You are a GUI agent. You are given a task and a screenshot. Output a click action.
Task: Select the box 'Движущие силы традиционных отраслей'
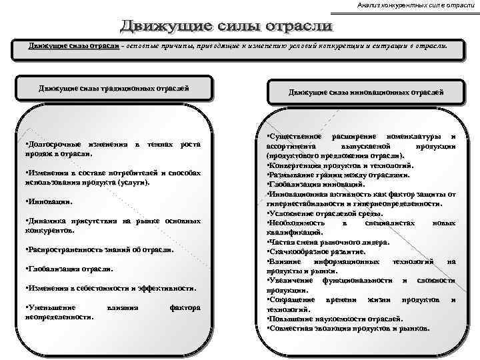tap(113, 88)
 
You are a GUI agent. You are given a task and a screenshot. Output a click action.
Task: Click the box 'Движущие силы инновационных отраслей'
tap(366, 93)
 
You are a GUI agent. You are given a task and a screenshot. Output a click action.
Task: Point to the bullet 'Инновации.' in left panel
tap(48, 201)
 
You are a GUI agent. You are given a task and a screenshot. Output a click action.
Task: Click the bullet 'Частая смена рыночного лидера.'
tap(323, 243)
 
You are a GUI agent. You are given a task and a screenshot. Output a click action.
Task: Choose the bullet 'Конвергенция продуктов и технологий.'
tap(340, 165)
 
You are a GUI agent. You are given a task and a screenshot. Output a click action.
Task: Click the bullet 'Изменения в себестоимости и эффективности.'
tap(111, 288)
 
